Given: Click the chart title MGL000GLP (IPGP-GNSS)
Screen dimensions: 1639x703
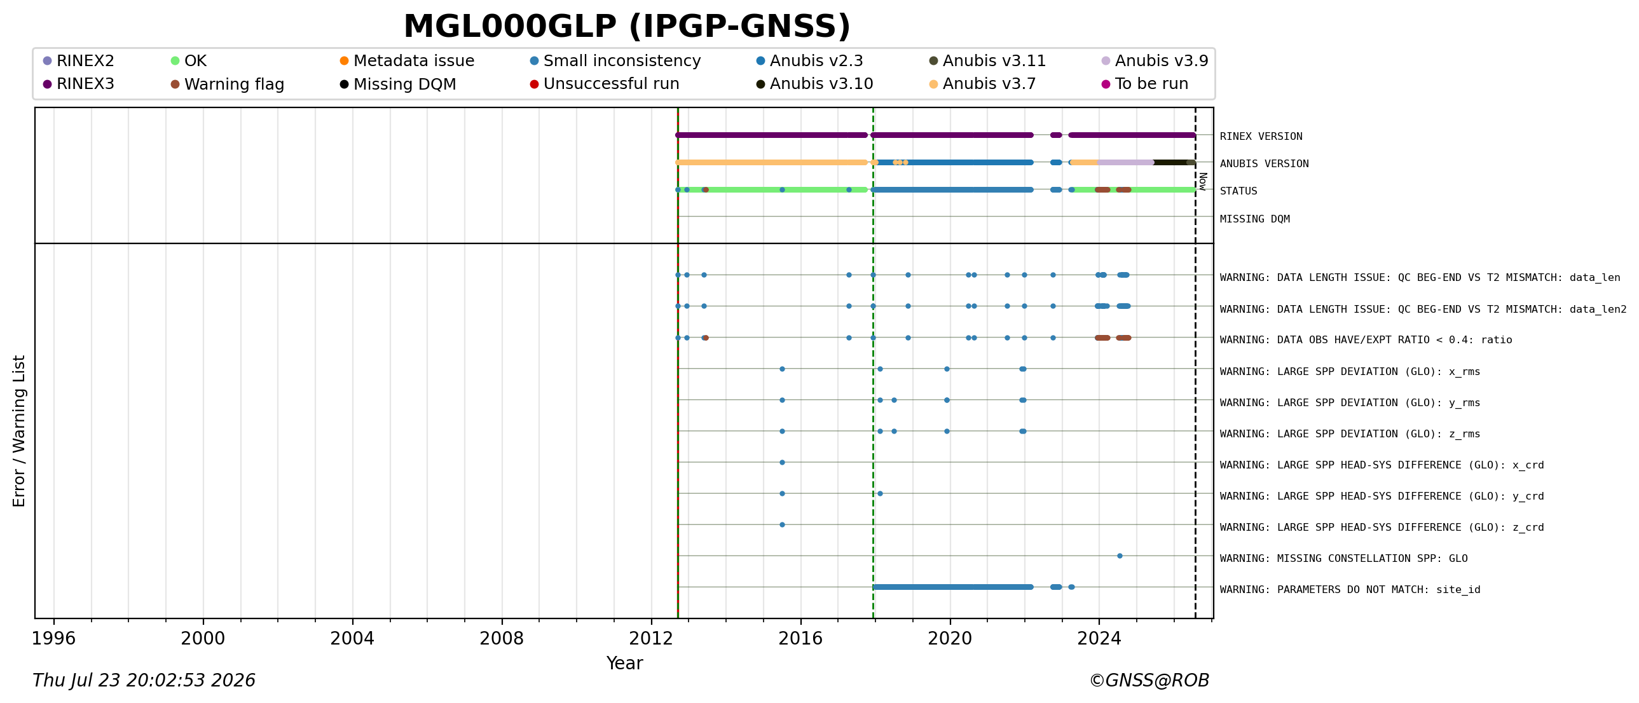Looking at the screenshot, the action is tap(627, 27).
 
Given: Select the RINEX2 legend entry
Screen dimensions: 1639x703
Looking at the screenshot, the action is tap(78, 61).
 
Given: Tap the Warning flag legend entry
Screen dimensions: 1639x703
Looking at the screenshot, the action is tap(227, 84).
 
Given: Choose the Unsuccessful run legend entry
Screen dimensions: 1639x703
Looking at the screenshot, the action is tap(605, 84).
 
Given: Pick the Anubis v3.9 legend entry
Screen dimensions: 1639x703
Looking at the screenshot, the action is tap(1154, 61).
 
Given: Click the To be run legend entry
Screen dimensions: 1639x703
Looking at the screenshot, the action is tap(1144, 84).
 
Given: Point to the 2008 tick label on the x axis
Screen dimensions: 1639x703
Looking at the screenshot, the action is tap(502, 638).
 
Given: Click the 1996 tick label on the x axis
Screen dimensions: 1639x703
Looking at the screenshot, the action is tap(53, 638).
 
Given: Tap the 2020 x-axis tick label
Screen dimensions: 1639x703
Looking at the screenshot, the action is tap(950, 638).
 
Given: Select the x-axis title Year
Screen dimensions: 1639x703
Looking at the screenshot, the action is tap(624, 664).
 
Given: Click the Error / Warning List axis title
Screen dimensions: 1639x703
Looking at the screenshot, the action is tap(19, 431).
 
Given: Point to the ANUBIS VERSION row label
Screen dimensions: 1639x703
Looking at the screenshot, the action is tap(1265, 163).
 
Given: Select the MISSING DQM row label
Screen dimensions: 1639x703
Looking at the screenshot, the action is tap(1255, 219).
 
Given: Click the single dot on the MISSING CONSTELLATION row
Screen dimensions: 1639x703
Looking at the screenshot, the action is tap(1120, 556).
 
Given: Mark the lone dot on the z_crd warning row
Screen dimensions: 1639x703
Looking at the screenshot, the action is tap(782, 525).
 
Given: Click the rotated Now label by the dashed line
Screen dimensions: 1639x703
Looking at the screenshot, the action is tap(1202, 181).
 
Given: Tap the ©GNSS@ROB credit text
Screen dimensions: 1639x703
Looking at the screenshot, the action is tap(1149, 681).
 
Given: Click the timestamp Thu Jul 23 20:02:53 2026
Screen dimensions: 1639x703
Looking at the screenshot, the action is tap(144, 681).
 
